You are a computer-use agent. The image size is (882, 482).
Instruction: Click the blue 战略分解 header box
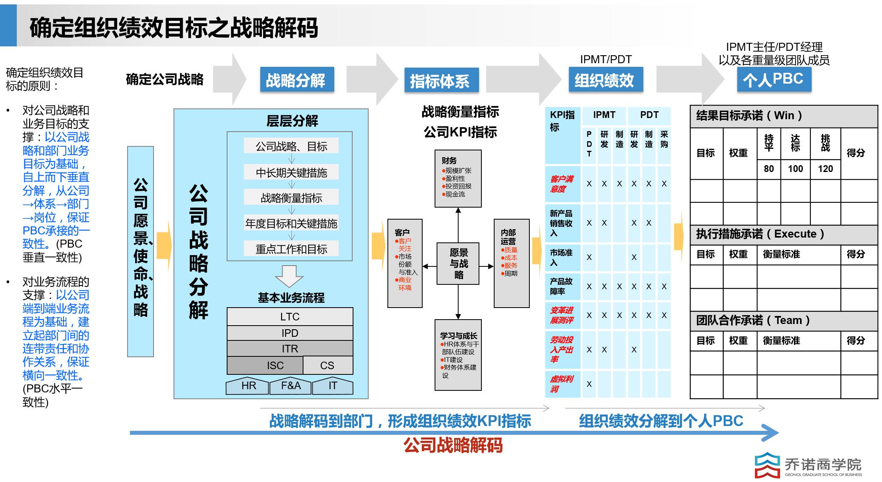[x=297, y=80]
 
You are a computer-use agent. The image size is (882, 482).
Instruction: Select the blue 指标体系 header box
[x=441, y=81]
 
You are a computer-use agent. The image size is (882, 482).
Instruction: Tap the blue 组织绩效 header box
[x=605, y=80]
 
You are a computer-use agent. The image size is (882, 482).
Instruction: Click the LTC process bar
[x=290, y=316]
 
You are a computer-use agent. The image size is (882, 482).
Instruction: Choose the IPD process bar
[x=290, y=333]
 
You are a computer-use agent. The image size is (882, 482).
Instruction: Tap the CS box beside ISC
[x=327, y=365]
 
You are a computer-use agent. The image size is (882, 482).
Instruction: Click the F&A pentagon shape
[x=291, y=386]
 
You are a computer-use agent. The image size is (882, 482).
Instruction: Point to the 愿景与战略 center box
[x=458, y=264]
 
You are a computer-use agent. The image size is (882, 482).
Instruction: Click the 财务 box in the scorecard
[x=458, y=178]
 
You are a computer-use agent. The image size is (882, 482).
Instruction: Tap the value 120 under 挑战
[x=825, y=169]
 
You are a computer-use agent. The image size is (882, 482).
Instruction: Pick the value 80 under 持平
[x=768, y=169]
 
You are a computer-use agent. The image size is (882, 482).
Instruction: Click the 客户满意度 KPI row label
[x=562, y=184]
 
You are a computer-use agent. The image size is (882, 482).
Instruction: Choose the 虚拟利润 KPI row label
[x=562, y=384]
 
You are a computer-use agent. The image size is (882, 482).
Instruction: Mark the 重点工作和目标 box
[x=291, y=249]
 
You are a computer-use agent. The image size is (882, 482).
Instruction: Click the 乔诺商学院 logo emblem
[x=767, y=465]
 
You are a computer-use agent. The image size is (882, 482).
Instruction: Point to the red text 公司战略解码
[x=453, y=445]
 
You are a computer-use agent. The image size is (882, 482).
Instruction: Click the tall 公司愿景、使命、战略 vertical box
[x=140, y=251]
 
